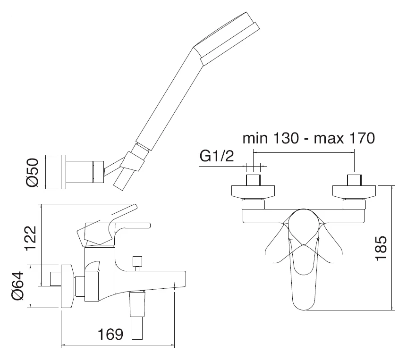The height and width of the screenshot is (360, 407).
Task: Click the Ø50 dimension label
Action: point(32,173)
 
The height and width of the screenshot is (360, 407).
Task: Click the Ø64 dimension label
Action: point(17,286)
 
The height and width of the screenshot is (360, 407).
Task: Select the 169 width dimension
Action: point(110,334)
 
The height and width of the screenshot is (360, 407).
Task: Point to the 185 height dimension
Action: point(381,248)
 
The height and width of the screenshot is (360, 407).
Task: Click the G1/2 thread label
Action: point(217,156)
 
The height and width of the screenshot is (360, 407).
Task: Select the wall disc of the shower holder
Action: point(64,172)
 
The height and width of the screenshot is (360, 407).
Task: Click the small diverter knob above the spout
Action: point(137,261)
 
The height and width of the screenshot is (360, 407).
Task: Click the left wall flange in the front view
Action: point(253,192)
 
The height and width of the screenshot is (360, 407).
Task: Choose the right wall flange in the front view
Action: point(354,192)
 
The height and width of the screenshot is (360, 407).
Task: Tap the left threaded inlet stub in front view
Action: point(253,180)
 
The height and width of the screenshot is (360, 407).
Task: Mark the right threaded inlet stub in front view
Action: point(354,180)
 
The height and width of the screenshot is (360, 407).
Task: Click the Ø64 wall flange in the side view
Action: point(67,286)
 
